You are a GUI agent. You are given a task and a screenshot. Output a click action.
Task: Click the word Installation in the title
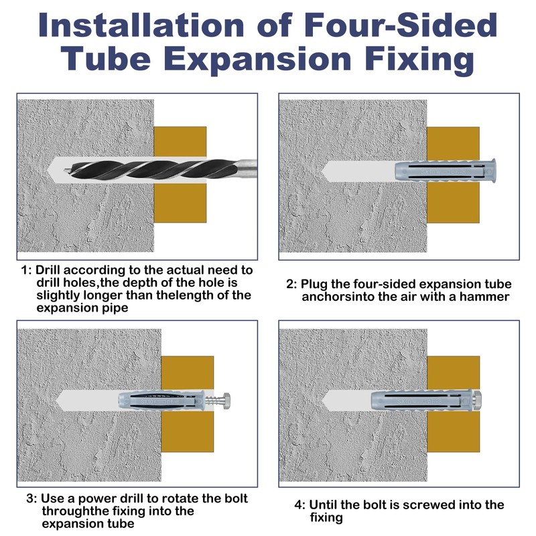141,25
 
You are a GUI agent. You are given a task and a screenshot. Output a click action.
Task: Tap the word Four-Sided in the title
401,25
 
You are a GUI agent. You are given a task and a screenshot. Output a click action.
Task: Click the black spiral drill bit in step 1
149,170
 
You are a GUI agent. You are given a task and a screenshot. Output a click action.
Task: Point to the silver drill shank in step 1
247,169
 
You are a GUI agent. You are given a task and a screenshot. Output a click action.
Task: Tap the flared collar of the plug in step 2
492,170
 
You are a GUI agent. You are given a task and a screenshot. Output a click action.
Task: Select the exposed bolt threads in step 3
212,400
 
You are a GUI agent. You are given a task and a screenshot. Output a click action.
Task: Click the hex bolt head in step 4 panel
478,399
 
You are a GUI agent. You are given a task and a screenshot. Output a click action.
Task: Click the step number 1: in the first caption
26,271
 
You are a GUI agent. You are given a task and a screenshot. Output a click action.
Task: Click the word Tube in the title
107,59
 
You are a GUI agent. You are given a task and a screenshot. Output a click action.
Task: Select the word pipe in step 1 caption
117,308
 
